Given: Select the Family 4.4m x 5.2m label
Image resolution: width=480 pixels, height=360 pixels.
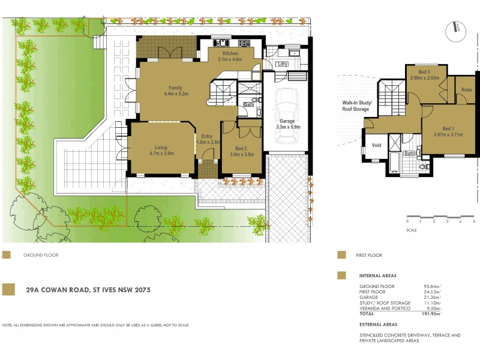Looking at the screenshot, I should pos(176,91).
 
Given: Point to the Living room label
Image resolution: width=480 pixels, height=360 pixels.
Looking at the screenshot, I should pos(160,150).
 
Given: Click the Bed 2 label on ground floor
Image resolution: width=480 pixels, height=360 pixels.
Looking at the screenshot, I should pos(242,151).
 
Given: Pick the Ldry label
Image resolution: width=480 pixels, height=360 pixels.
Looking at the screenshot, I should pos(282,64).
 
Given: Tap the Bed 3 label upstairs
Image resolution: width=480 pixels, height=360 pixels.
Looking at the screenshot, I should pos(424,74).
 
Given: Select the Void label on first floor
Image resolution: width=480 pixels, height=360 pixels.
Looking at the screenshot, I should pos(377,145).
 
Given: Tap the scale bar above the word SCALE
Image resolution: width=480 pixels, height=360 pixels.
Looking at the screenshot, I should pos(440,216).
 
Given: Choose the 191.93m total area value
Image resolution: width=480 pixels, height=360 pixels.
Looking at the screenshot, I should pos(430,313).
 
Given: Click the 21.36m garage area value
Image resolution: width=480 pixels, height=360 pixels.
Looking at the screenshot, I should pos(430,297).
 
